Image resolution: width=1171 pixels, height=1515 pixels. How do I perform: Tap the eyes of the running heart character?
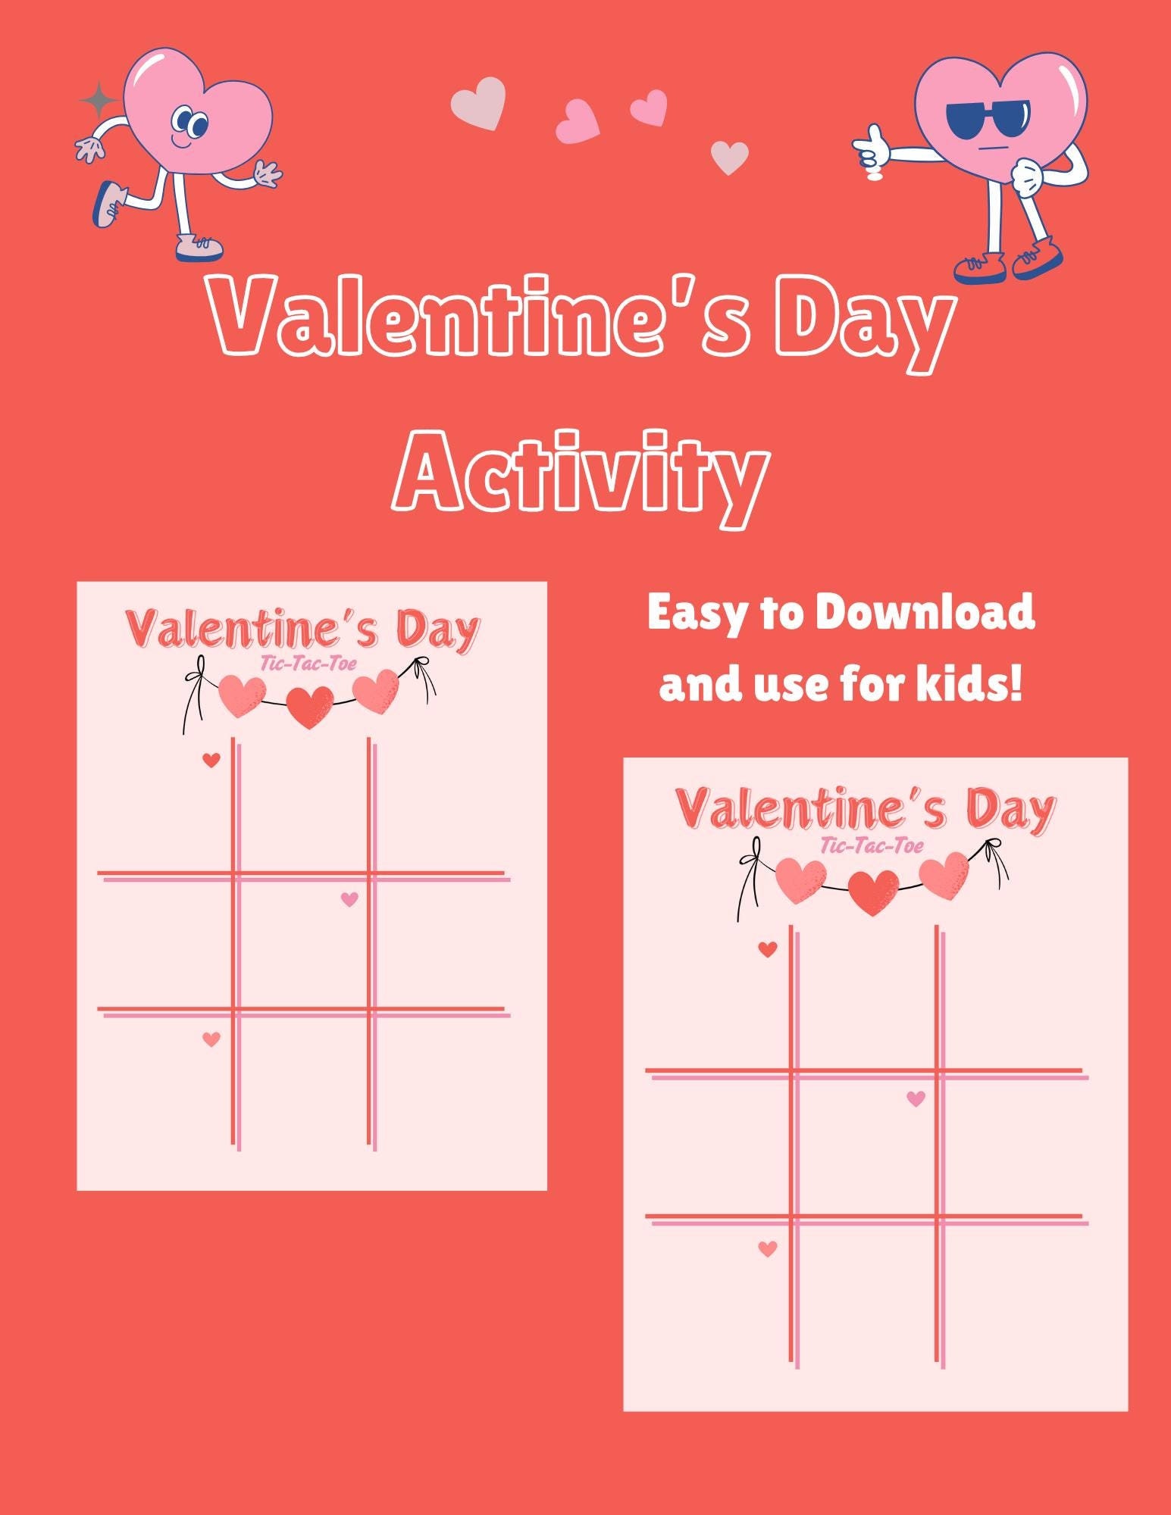pos(189,122)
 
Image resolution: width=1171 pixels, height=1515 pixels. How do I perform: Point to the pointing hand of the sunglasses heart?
pos(872,148)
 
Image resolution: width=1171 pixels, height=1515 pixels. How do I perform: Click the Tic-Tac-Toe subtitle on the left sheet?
pos(308,664)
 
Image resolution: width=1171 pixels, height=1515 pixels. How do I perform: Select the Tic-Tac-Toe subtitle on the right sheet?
pos(872,845)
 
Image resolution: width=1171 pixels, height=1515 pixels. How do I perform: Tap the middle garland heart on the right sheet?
pos(873,892)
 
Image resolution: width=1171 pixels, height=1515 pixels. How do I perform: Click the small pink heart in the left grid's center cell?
pos(349,899)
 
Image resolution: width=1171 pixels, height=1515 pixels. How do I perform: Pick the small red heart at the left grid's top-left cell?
pos(211,760)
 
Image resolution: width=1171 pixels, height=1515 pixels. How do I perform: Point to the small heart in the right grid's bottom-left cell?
pos(768,1248)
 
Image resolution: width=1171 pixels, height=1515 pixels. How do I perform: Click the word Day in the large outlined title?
pos(864,322)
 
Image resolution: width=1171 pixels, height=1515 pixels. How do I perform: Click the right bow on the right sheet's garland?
pos(994,856)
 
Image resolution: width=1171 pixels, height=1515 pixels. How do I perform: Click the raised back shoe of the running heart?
pos(107,202)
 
